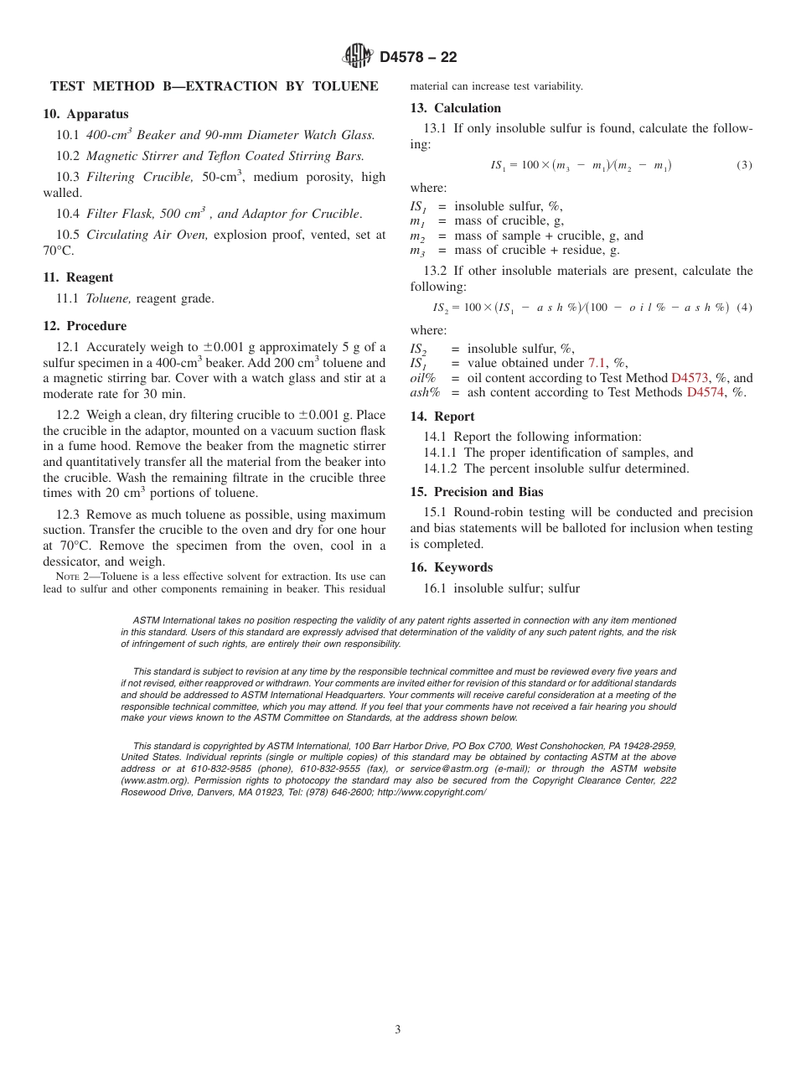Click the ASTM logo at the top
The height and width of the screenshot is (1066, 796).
(358, 57)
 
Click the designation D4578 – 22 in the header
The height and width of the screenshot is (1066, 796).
(418, 58)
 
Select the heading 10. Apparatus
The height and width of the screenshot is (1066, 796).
(86, 114)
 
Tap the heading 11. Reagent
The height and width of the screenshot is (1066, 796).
(78, 277)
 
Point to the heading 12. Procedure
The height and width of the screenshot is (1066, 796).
(85, 326)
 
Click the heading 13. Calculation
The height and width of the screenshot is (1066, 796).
(455, 108)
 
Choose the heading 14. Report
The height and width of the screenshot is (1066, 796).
(442, 417)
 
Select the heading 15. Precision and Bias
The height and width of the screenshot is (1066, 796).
(476, 492)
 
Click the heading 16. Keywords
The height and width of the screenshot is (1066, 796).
(451, 567)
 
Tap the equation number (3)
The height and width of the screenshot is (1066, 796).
(744, 165)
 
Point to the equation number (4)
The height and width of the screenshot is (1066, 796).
(744, 308)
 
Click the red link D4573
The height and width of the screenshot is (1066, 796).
(691, 378)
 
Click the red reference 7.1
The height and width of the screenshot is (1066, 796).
(596, 363)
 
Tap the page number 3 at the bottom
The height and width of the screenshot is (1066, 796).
(398, 1030)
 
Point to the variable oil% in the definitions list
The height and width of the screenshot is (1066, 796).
(424, 378)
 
